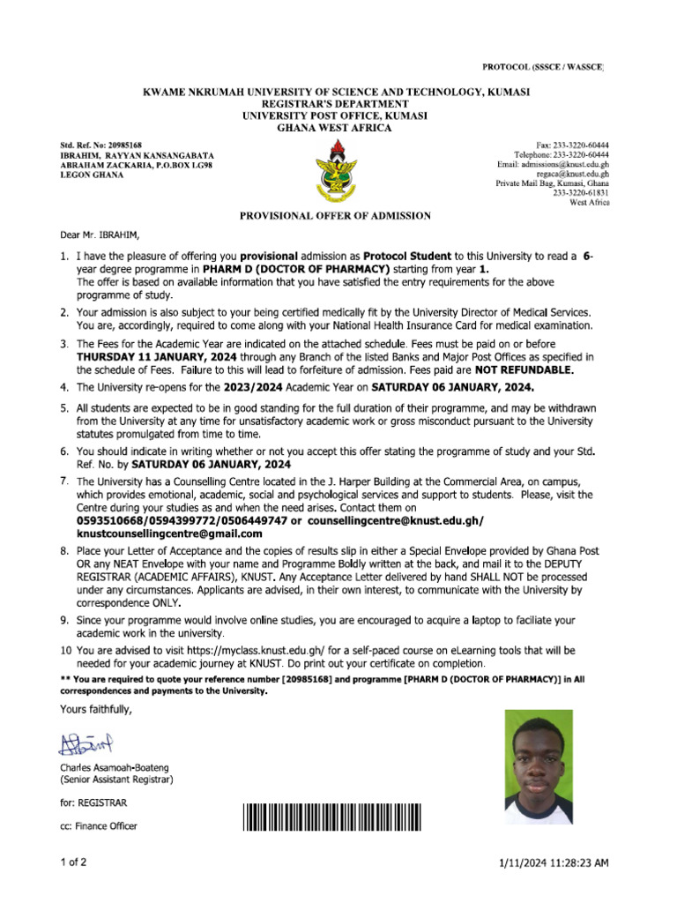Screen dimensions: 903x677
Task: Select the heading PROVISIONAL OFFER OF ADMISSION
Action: pos(337,215)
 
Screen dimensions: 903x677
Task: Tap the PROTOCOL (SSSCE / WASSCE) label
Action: pos(542,68)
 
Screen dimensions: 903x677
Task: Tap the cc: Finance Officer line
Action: pos(99,826)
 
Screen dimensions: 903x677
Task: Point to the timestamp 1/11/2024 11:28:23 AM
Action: pos(552,863)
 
